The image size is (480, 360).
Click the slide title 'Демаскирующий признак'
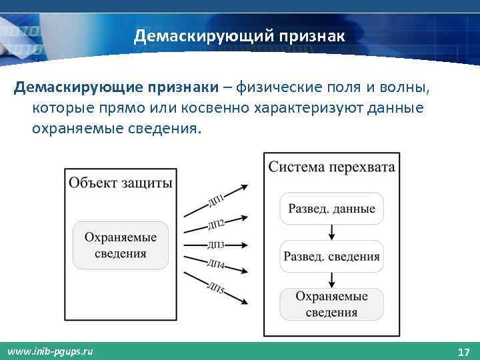(x=239, y=35)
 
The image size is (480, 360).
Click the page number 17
(x=464, y=351)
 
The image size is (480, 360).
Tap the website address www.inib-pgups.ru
(x=50, y=351)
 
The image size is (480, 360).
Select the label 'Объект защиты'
(x=121, y=183)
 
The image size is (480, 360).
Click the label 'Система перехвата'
(x=331, y=167)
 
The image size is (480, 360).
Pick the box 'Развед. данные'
(x=331, y=209)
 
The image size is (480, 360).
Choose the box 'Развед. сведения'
(x=331, y=256)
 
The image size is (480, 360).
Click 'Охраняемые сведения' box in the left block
(x=121, y=245)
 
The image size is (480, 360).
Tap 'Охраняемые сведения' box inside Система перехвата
(x=331, y=304)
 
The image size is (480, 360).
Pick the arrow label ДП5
(x=216, y=289)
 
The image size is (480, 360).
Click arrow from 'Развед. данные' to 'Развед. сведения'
(x=331, y=233)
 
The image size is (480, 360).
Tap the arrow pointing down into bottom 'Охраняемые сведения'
(x=331, y=280)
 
